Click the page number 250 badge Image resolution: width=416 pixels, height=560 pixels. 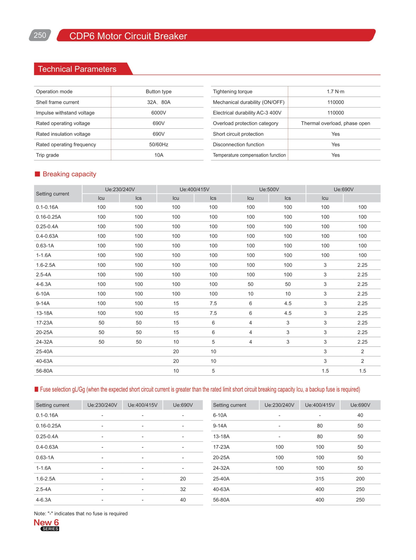pos(40,35)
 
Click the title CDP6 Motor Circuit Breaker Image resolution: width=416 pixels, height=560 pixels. pos(128,36)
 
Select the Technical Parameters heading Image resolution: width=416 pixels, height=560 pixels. pos(77,69)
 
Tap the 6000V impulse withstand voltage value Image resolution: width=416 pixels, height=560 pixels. pos(158,113)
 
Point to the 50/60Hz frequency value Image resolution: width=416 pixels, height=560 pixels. pos(158,144)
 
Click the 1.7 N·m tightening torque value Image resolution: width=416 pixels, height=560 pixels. pos(335,92)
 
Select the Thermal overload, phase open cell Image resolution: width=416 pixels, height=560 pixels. pos(335,123)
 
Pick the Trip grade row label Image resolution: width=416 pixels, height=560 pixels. pos(47,155)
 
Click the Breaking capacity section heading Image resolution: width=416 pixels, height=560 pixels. pos(69,174)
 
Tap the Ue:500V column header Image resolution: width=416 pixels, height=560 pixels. pos(269,189)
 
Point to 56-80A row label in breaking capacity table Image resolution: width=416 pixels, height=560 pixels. pos(44,371)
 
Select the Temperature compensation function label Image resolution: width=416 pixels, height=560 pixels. pos(249,155)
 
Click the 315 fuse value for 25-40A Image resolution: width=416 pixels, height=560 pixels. pos(319,478)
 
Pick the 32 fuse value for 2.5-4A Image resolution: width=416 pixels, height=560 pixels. pos(183,489)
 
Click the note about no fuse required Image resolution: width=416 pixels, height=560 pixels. pos(81,513)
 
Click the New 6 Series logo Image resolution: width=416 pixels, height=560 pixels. pos(47,525)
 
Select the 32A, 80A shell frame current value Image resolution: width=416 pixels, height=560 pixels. pos(158,102)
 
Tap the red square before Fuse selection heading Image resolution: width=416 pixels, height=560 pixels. pos(37,389)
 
